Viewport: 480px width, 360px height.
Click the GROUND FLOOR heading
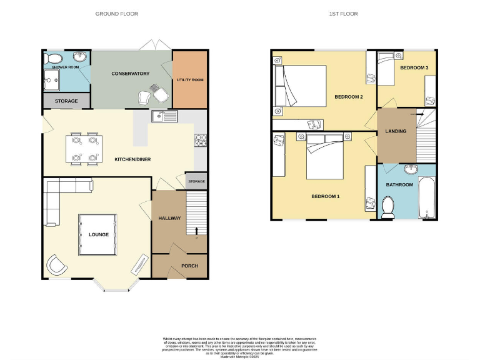116,14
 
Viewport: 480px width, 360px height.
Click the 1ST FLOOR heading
344,14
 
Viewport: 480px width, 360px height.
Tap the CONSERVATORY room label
131,74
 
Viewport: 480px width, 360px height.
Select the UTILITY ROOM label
190,80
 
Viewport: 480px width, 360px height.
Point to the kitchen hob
201,141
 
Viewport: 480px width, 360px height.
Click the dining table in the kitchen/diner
84,148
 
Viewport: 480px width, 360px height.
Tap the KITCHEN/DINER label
132,159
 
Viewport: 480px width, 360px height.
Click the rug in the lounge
97,235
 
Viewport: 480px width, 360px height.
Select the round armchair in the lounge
57,266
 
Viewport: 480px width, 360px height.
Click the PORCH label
189,266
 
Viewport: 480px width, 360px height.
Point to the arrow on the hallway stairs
197,231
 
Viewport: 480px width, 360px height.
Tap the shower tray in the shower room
52,79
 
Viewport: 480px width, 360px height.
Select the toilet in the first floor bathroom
387,207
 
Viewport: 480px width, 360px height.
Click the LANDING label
396,131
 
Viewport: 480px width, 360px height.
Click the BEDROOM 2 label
348,97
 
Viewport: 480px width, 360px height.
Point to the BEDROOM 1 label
325,197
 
